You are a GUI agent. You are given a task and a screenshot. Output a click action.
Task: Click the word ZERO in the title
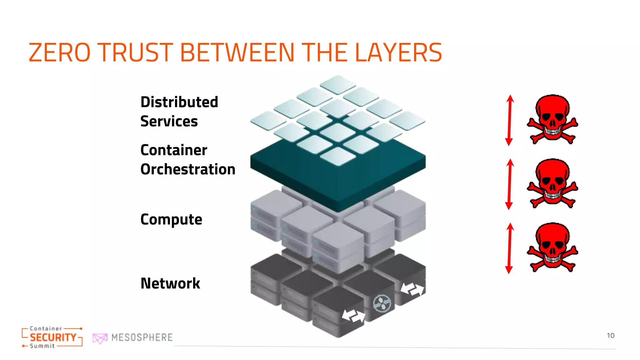point(59,52)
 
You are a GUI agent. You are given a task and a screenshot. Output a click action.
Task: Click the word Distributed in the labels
point(179,102)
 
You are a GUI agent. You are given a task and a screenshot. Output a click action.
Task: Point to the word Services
point(169,121)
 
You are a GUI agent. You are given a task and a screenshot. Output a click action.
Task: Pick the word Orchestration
point(188,169)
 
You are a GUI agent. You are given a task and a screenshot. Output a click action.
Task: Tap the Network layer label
point(170,283)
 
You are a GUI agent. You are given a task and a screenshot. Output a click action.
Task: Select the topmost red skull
point(552,119)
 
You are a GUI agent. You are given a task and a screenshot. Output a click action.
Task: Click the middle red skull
point(552,183)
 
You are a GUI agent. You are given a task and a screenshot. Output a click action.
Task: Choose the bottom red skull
point(552,247)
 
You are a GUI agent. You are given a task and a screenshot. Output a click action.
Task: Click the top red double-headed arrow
point(509,120)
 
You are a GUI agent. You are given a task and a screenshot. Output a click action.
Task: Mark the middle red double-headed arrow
point(509,184)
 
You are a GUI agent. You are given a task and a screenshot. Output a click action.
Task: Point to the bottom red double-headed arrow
point(509,248)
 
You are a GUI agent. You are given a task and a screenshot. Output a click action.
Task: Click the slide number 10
point(610,336)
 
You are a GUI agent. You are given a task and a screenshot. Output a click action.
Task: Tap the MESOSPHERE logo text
point(142,337)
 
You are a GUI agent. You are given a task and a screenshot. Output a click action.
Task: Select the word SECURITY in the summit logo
point(53,337)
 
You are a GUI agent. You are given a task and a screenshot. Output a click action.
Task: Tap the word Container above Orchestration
point(174,150)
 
